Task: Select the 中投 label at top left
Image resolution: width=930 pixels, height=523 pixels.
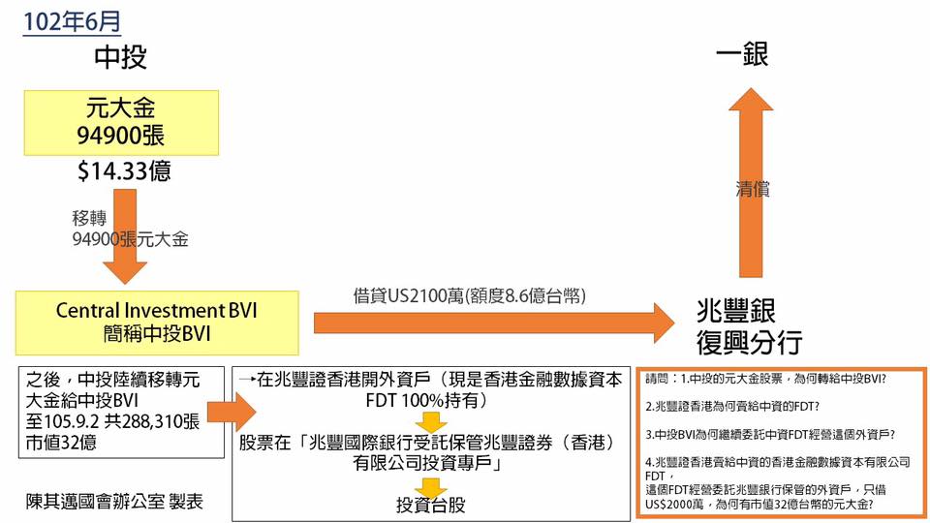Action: coord(120,57)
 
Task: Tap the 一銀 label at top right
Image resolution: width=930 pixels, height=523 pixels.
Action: coord(742,54)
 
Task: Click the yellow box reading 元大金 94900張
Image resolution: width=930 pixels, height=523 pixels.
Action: coord(121,123)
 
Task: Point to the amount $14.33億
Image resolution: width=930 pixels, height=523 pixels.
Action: coord(124,172)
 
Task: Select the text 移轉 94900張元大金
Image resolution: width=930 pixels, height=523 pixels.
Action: coord(129,227)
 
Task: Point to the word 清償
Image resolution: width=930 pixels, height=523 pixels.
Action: coord(752,190)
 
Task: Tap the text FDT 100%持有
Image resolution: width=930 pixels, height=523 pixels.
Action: coord(426,400)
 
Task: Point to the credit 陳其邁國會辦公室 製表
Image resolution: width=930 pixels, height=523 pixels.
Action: coord(115,502)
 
